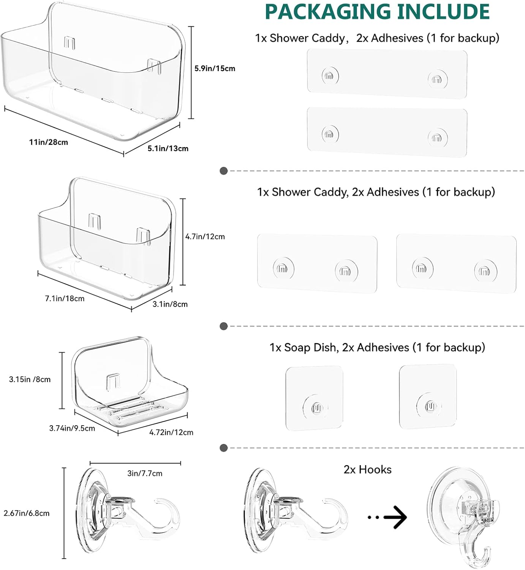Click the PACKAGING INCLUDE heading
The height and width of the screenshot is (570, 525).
[378, 11]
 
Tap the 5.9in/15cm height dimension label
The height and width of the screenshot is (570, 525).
[215, 68]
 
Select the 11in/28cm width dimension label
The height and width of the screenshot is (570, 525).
[48, 142]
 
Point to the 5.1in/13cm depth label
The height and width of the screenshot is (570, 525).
[168, 148]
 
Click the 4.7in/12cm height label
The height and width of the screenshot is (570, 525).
[205, 236]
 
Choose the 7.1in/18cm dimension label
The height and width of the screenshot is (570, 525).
[65, 298]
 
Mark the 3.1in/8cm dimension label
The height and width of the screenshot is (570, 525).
[170, 304]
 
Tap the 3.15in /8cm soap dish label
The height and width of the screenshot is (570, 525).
[30, 379]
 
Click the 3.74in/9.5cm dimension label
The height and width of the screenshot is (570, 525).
[72, 428]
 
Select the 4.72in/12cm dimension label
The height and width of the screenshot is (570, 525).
[171, 432]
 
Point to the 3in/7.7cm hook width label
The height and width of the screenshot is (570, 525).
[145, 473]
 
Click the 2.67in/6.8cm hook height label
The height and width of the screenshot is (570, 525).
[27, 513]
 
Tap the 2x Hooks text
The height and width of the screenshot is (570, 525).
[367, 469]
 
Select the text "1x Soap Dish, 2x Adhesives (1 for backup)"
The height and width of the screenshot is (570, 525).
[377, 347]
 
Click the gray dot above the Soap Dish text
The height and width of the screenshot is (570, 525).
[224, 326]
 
